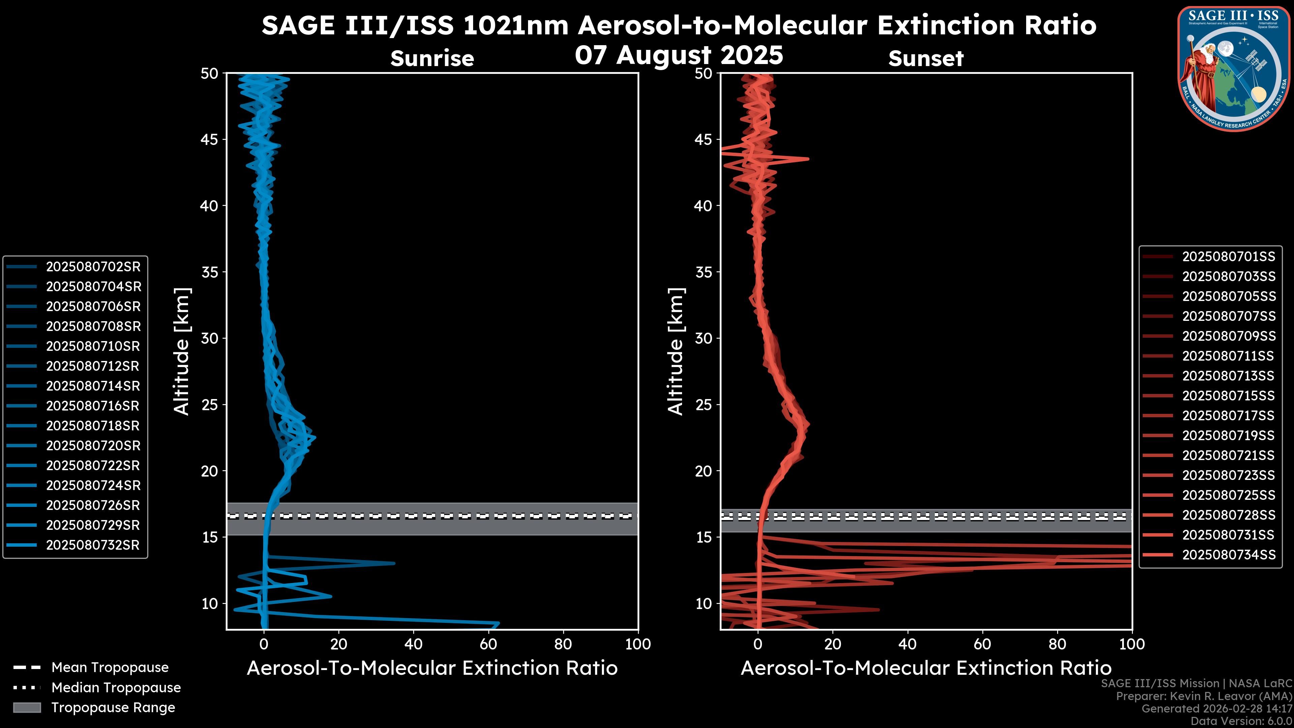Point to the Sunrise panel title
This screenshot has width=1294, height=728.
tap(432, 59)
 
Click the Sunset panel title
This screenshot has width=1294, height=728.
tap(926, 59)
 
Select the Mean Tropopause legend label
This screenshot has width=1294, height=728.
tap(110, 668)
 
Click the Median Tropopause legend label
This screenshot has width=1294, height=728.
tap(116, 688)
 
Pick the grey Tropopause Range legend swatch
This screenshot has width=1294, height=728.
tap(27, 708)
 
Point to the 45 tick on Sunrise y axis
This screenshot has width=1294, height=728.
tap(210, 140)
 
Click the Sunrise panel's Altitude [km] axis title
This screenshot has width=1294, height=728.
tap(182, 351)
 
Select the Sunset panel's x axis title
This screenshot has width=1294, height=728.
tap(926, 668)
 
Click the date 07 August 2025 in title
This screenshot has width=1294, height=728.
tap(679, 55)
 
